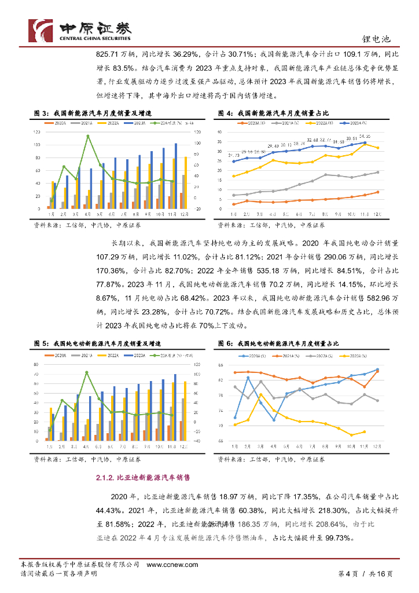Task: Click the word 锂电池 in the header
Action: [380, 39]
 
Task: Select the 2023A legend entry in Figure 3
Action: [138, 123]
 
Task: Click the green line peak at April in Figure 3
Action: [87, 136]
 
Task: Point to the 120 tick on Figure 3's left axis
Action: [37, 132]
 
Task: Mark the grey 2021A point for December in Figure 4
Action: [378, 172]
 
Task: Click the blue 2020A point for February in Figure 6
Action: [248, 378]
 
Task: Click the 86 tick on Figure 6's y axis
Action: [220, 365]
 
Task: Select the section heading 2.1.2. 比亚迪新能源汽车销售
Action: [142, 478]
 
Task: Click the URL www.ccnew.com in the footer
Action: [172, 565]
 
